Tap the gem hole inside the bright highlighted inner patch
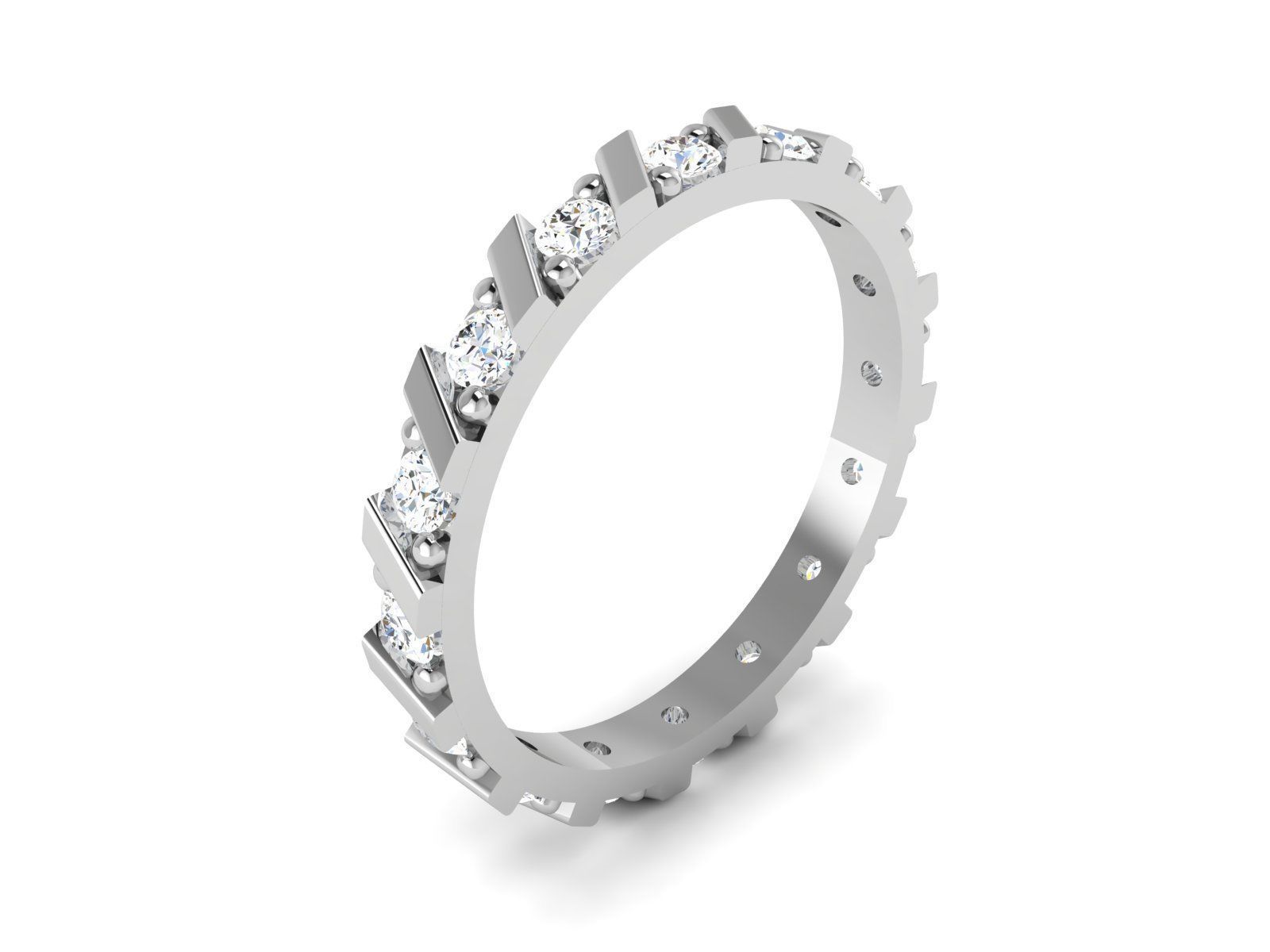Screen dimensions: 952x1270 (854, 472)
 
